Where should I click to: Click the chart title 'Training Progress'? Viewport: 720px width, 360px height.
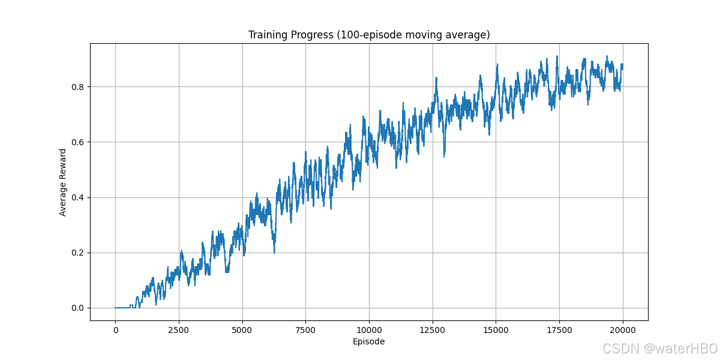[290, 35]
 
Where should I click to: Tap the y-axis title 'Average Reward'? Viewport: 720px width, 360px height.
[62, 182]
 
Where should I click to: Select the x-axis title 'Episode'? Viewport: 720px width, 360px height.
[368, 341]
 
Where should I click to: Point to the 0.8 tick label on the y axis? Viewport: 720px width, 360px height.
[77, 87]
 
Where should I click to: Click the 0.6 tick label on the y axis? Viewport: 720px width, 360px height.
[77, 142]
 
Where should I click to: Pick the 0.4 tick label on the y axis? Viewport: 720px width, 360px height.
[77, 197]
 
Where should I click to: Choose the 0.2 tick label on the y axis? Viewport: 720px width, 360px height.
[77, 253]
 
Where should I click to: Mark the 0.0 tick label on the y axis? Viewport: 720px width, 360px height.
[77, 308]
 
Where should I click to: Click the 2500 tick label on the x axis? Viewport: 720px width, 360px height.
[179, 330]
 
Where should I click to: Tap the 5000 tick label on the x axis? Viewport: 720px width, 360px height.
[242, 330]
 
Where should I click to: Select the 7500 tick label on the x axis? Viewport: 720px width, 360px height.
[305, 330]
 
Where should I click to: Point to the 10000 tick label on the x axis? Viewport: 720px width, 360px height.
[369, 330]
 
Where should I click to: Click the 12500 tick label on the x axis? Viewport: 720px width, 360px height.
[433, 330]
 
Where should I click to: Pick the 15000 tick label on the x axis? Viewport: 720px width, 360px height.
[496, 330]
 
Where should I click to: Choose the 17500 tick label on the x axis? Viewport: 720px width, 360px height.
[559, 330]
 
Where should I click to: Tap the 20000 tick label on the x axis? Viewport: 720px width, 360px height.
[623, 330]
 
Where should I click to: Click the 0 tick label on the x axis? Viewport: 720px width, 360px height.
[116, 330]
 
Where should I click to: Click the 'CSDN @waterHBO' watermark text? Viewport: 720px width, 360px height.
[660, 349]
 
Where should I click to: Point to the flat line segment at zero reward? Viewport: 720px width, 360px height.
[123, 308]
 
